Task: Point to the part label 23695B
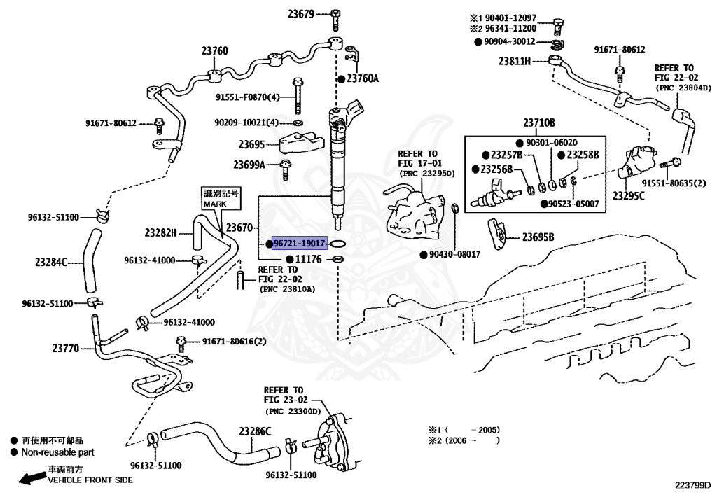click(x=537, y=237)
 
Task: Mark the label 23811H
click(x=515, y=61)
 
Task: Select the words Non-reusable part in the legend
click(x=57, y=452)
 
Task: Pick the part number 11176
click(x=308, y=260)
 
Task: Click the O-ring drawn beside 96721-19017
click(x=338, y=244)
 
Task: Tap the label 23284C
click(x=51, y=263)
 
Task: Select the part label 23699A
click(x=249, y=165)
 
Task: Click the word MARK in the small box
click(x=211, y=204)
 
